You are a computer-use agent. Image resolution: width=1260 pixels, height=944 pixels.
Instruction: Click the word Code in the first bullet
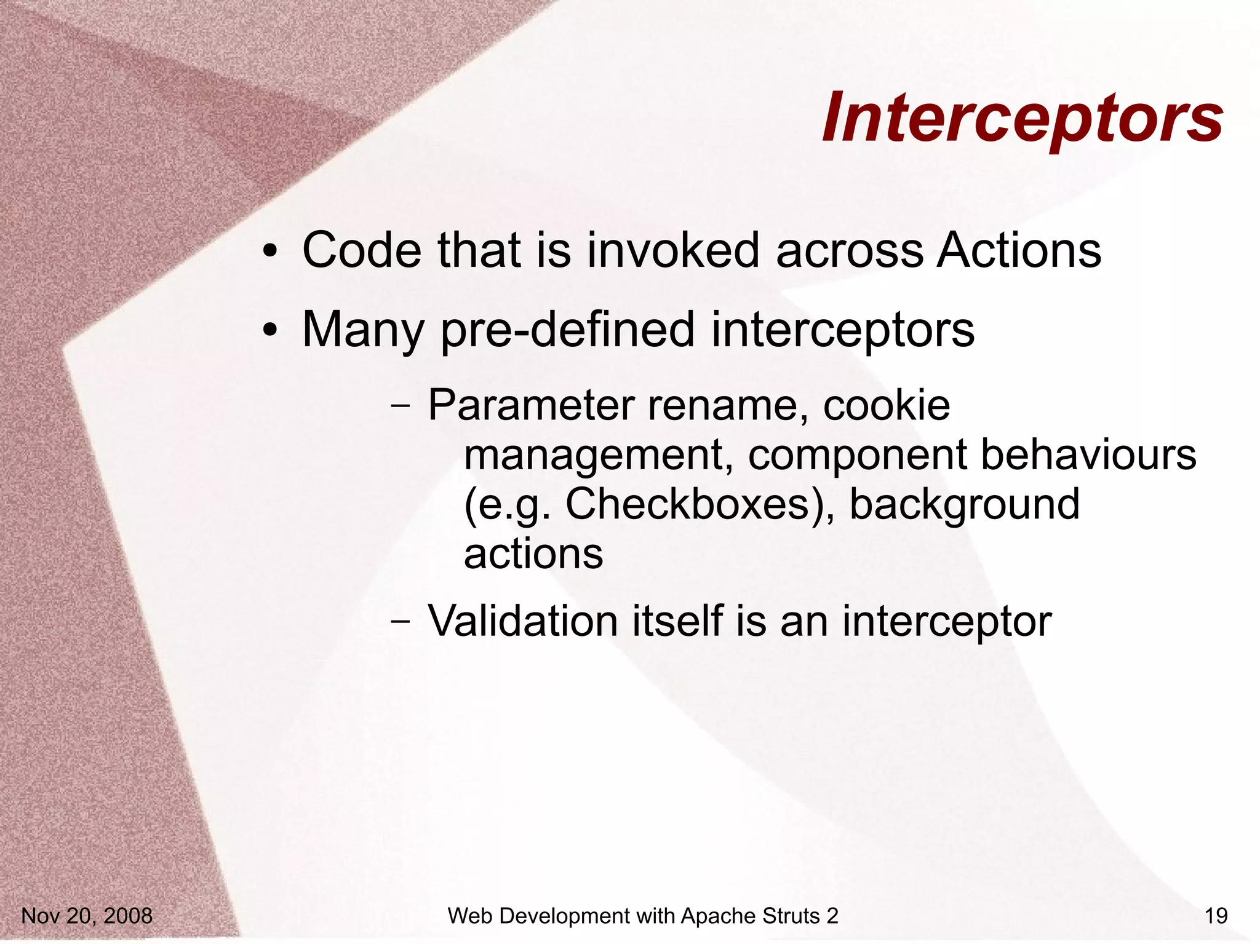[x=362, y=250]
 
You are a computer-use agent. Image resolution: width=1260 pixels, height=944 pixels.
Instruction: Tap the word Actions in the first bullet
[x=1018, y=250]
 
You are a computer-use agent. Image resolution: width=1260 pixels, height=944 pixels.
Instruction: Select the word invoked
[x=673, y=250]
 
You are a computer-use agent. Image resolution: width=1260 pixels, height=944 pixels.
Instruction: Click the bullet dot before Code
[x=269, y=252]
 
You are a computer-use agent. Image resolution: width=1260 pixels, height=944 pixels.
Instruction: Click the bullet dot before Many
[x=269, y=331]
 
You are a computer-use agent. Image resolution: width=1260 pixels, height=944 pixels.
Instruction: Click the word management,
[x=598, y=456]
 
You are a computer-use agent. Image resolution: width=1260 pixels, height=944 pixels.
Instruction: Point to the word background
[x=964, y=504]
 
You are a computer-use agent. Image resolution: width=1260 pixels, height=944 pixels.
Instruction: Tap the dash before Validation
[x=401, y=622]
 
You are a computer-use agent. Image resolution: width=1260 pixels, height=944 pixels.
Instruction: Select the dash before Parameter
[x=401, y=407]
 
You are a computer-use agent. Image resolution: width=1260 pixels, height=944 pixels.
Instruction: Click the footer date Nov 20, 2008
[x=87, y=916]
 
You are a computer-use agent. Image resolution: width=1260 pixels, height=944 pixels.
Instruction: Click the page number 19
[x=1216, y=916]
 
